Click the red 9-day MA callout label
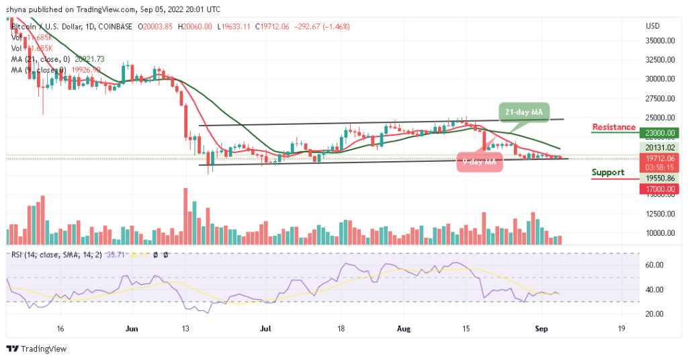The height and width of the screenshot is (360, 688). pyautogui.click(x=479, y=161)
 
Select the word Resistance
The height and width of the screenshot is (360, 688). pyautogui.click(x=613, y=127)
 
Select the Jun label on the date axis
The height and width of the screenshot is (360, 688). pyautogui.click(x=132, y=329)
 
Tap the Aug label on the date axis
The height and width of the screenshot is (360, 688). pyautogui.click(x=403, y=329)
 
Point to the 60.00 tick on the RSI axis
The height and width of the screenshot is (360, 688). pyautogui.click(x=654, y=265)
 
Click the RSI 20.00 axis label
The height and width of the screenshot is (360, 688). pyautogui.click(x=654, y=314)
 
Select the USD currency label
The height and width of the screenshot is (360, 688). pyautogui.click(x=652, y=26)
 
